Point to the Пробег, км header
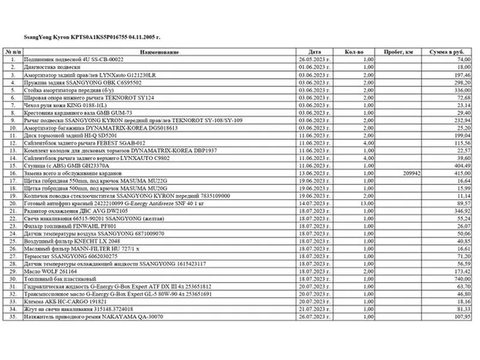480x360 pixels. pyautogui.click(x=400, y=52)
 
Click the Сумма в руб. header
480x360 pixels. pyautogui.click(x=448, y=52)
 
